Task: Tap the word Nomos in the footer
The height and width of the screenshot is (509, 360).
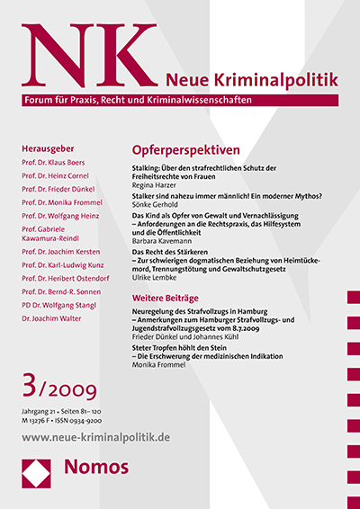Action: point(94,488)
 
